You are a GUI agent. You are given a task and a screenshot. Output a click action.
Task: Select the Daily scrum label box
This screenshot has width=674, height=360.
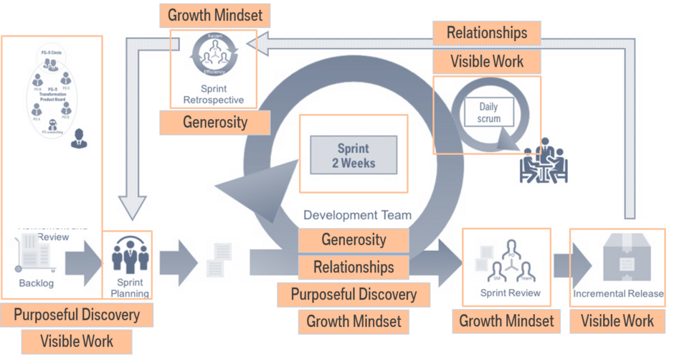488,113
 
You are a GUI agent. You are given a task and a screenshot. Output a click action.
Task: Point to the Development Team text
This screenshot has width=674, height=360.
357,214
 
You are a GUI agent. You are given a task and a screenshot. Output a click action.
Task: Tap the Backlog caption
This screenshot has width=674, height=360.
36,283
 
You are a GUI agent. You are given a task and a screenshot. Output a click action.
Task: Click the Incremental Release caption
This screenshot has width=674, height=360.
618,293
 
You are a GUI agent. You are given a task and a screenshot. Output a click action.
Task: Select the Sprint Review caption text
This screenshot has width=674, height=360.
510,293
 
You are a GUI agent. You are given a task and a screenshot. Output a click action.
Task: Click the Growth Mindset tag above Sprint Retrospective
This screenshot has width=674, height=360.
214,14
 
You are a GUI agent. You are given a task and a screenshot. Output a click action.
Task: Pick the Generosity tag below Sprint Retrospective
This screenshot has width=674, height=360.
215,122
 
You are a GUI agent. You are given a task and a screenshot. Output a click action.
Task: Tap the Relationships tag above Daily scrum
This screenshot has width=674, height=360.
487,32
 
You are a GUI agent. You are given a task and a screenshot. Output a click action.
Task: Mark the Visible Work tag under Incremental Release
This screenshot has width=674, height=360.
617,321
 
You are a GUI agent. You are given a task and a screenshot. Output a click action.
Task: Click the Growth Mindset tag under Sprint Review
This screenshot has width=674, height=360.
506,321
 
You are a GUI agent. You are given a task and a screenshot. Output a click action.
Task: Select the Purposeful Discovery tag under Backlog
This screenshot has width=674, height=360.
77,314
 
